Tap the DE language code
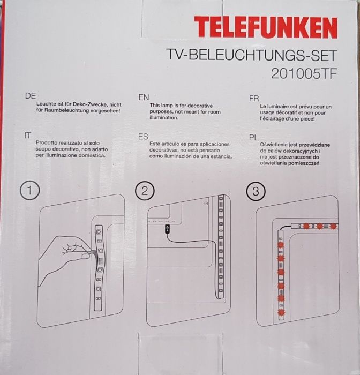click(30, 96)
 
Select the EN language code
click(143, 97)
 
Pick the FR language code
click(254, 99)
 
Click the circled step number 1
click(30, 190)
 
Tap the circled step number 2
click(145, 190)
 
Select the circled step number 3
click(255, 191)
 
